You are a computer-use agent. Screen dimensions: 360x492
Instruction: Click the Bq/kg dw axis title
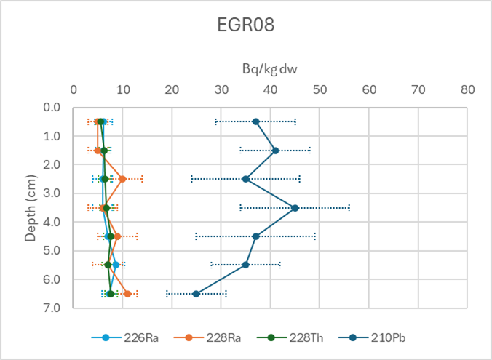pyautogui.click(x=270, y=69)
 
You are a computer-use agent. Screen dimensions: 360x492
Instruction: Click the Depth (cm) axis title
pyautogui.click(x=31, y=208)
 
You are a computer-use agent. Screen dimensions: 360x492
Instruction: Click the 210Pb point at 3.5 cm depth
pyautogui.click(x=295, y=208)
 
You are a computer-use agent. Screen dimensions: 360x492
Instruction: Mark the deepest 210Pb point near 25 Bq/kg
pyautogui.click(x=196, y=294)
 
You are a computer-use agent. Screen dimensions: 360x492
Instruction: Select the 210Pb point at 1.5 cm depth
pyautogui.click(x=275, y=151)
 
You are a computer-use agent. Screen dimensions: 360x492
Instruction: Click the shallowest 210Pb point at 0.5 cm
pyautogui.click(x=255, y=121)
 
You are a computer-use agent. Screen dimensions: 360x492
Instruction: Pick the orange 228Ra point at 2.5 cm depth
pyautogui.click(x=122, y=179)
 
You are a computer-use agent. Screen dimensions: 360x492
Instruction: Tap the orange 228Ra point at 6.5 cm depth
pyautogui.click(x=127, y=294)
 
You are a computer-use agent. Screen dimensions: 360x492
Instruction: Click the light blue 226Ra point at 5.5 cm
pyautogui.click(x=115, y=265)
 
